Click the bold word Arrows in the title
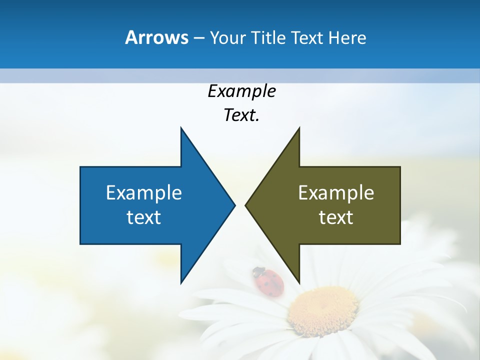coord(157,37)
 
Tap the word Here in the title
coord(347,37)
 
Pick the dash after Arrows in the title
coord(198,38)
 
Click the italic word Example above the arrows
coord(241,91)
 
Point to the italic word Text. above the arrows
coord(241,115)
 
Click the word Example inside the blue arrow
coord(144,192)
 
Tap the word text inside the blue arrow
coord(144,217)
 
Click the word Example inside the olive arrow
coord(336,192)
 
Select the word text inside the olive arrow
coord(336,217)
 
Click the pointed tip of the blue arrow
coord(234,205)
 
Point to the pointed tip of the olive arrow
coord(245,205)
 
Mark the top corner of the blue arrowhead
coord(181,128)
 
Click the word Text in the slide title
coord(307,37)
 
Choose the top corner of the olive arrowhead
coord(299,128)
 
